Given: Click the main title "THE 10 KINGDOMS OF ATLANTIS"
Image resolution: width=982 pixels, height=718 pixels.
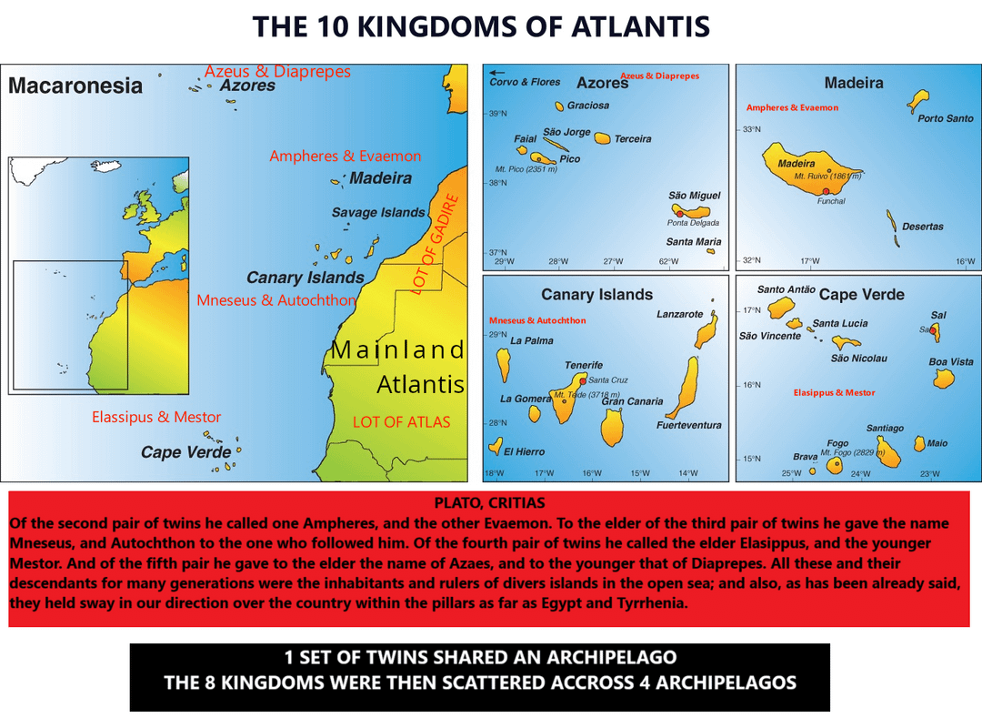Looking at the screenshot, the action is pyautogui.click(x=481, y=26).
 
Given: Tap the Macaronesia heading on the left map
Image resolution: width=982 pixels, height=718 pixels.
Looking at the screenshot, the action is pyautogui.click(x=75, y=86).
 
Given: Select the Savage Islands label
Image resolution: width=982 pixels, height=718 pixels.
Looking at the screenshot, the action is pyautogui.click(x=378, y=212).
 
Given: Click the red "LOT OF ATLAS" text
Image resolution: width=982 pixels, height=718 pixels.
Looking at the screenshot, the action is pyautogui.click(x=401, y=421).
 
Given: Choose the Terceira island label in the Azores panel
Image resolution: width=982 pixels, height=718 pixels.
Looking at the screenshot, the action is pyautogui.click(x=633, y=139).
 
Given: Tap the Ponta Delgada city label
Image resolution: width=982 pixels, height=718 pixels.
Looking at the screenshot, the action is pyautogui.click(x=693, y=223).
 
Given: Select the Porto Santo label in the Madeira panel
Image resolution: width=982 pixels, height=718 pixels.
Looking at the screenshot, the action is pyautogui.click(x=945, y=118).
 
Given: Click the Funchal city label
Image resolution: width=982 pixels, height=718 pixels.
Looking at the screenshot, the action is pyautogui.click(x=830, y=201).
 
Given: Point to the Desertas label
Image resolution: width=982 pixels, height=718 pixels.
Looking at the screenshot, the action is pyautogui.click(x=923, y=227).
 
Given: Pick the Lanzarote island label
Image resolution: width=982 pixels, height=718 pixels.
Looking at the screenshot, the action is pyautogui.click(x=680, y=314).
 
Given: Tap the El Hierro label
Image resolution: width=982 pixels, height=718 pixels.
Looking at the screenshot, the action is pyautogui.click(x=525, y=451).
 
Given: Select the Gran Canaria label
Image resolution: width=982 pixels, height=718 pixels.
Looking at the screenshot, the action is pyautogui.click(x=633, y=401).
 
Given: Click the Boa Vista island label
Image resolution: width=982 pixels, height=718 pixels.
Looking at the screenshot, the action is pyautogui.click(x=951, y=361).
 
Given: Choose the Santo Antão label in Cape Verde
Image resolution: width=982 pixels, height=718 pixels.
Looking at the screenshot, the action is pyautogui.click(x=787, y=289).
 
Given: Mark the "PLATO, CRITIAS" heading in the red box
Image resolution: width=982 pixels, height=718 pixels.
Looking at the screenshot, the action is pyautogui.click(x=489, y=502).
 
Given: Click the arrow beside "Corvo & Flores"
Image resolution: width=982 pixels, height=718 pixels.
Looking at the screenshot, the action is pyautogui.click(x=497, y=73).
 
